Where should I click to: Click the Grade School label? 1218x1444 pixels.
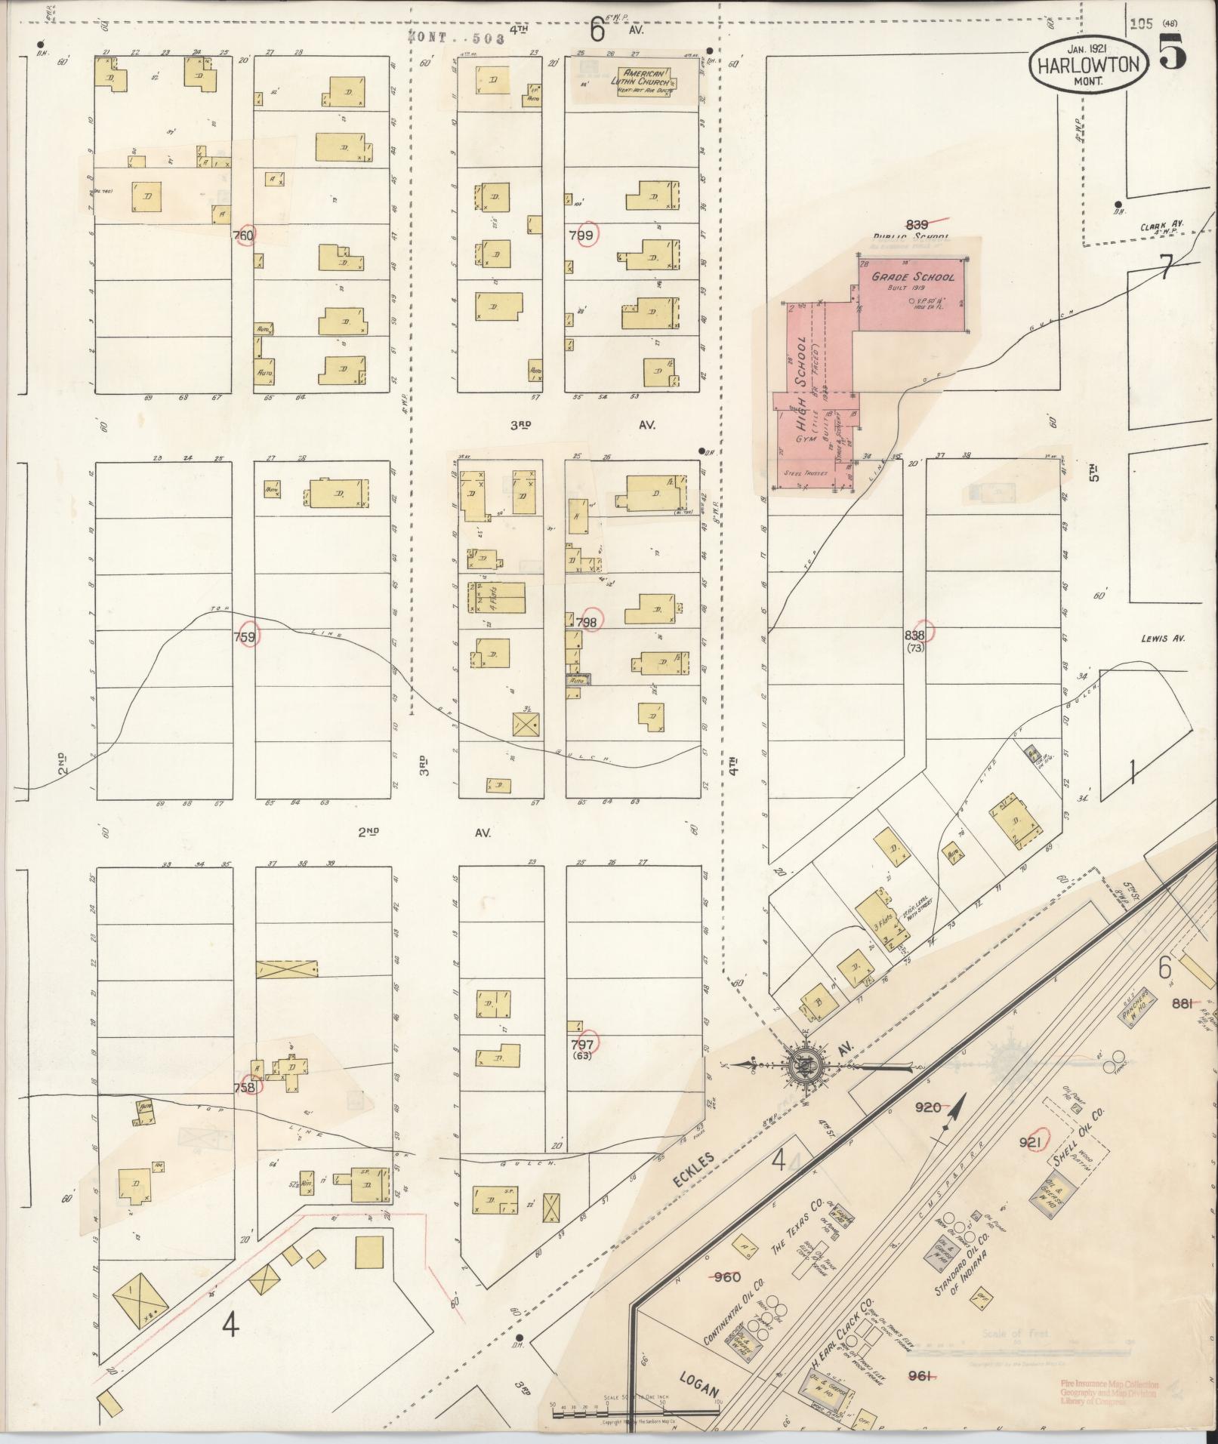tap(913, 276)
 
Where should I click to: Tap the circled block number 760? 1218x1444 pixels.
tap(244, 235)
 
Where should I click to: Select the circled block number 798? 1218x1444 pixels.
tap(587, 622)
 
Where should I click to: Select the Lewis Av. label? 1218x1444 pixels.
tap(1163, 638)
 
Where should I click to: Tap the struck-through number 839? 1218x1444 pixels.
tap(918, 223)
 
